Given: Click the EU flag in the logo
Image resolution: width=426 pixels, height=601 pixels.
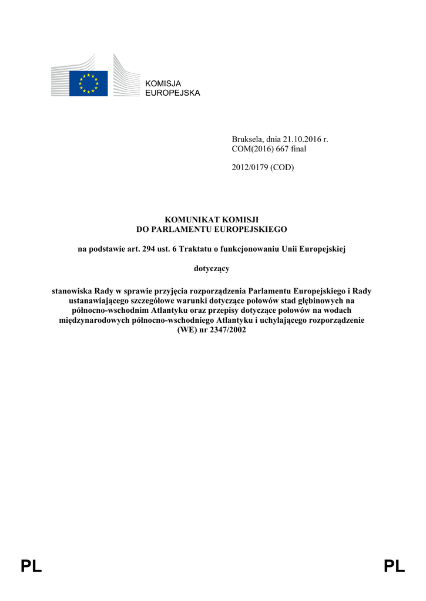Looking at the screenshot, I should pyautogui.click(x=88, y=83).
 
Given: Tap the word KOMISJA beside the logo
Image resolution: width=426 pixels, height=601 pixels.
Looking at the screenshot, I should pyautogui.click(x=163, y=84).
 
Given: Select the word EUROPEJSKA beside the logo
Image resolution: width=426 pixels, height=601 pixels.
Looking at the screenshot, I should pyautogui.click(x=172, y=93).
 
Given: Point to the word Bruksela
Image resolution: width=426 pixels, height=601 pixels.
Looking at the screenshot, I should pyautogui.click(x=248, y=140).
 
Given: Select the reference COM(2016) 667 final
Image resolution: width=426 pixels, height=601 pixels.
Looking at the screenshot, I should pyautogui.click(x=269, y=149).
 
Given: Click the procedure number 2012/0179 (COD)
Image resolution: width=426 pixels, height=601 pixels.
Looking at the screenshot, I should pyautogui.click(x=262, y=168).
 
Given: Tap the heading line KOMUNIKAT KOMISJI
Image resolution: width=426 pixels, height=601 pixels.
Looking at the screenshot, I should pyautogui.click(x=212, y=219).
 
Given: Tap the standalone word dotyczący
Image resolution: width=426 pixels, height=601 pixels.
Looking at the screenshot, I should pyautogui.click(x=212, y=269).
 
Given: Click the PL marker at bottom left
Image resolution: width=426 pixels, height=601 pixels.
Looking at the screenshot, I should pyautogui.click(x=31, y=567).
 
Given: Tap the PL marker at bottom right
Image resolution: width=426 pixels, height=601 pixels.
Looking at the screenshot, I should pyautogui.click(x=394, y=567).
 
